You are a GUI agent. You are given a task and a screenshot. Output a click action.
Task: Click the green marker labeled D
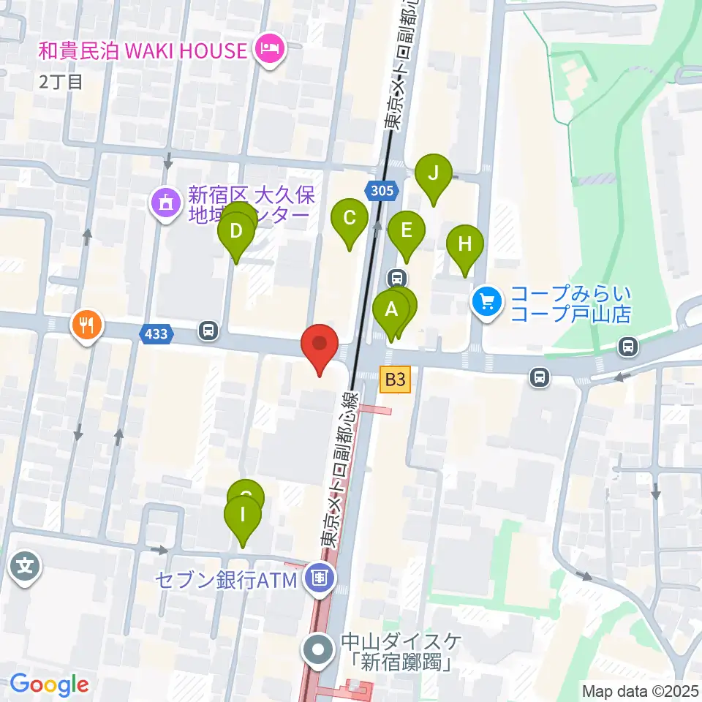pyautogui.click(x=235, y=232)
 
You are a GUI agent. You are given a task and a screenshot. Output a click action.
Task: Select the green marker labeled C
pyautogui.click(x=350, y=217)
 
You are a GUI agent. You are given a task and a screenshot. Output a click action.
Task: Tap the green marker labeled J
pyautogui.click(x=433, y=174)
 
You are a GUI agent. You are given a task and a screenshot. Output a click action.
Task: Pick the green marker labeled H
pyautogui.click(x=465, y=244)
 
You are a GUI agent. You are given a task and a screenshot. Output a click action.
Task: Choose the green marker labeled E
pyautogui.click(x=406, y=231)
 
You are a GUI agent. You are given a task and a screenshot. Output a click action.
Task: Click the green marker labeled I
pyautogui.click(x=243, y=514)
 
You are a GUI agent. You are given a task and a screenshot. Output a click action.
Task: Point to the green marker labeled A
pyautogui.click(x=391, y=309)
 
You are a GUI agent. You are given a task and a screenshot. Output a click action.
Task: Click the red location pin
pyautogui.click(x=320, y=344)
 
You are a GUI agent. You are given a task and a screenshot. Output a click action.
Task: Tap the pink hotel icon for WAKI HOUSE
pyautogui.click(x=269, y=51)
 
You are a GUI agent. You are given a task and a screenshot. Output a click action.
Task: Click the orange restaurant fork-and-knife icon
pyautogui.click(x=87, y=324)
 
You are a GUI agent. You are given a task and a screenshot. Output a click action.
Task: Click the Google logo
pyautogui.click(x=50, y=684)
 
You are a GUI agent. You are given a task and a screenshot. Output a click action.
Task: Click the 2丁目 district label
pyautogui.click(x=61, y=80)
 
